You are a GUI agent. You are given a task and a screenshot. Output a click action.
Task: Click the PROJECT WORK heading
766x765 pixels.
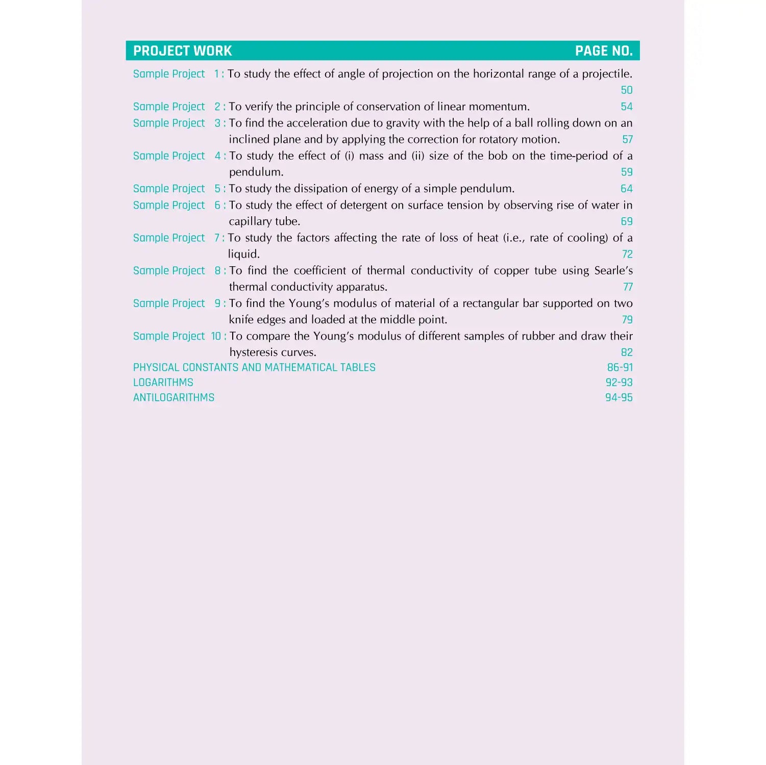[182, 51]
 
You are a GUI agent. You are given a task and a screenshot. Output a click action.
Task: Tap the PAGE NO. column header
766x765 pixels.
[604, 51]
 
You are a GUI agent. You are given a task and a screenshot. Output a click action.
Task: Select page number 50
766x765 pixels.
[627, 90]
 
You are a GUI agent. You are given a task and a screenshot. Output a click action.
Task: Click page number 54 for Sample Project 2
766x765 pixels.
[627, 107]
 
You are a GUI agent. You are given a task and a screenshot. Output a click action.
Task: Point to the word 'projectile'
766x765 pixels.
[606, 74]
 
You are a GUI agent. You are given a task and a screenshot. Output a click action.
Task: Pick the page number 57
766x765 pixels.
[627, 139]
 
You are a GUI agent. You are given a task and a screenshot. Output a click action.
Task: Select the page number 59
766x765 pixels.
[627, 172]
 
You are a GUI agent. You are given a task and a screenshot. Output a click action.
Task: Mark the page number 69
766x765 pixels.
[627, 221]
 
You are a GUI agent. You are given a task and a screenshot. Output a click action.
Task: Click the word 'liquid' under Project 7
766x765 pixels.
[243, 254]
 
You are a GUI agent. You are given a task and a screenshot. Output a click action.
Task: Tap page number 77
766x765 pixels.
[628, 287]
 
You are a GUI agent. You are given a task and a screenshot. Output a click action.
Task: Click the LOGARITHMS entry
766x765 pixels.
[163, 382]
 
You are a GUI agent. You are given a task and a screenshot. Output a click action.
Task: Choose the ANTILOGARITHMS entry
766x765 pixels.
[174, 398]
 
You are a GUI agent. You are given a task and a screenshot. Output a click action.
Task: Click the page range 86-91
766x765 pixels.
[620, 368]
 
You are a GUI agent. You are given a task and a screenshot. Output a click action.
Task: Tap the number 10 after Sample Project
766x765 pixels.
[216, 336]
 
